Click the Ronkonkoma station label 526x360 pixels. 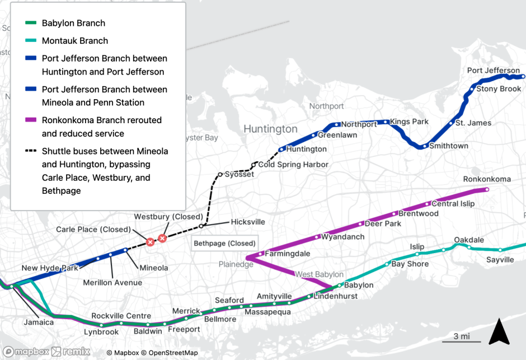pyautogui.click(x=487, y=179)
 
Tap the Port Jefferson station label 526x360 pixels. pyautogui.click(x=493, y=71)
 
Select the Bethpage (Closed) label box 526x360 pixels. pyautogui.click(x=224, y=244)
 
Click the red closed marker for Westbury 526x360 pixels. pyautogui.click(x=162, y=239)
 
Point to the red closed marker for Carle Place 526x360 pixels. pyautogui.click(x=150, y=242)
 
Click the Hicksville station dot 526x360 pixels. pyautogui.click(x=201, y=226)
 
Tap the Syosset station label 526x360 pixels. pyautogui.click(x=239, y=174)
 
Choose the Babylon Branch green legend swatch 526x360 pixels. pyautogui.click(x=31, y=24)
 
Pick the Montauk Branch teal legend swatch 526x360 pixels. pyautogui.click(x=31, y=41)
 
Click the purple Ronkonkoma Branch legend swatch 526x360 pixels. pyautogui.click(x=31, y=120)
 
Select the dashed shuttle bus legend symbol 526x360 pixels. pyautogui.click(x=31, y=151)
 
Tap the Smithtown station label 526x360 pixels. pyautogui.click(x=448, y=146)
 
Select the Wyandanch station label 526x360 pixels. pyautogui.click(x=342, y=237)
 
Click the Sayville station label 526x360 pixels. pyautogui.click(x=500, y=260)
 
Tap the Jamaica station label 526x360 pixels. pyautogui.click(x=39, y=322)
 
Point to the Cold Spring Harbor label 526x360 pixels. pyautogui.click(x=293, y=165)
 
